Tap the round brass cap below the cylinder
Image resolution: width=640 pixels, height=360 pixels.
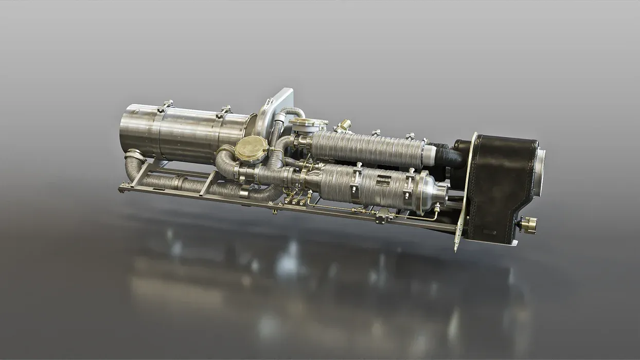coord(251,150)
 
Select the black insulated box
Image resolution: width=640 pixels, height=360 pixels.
coord(502,185)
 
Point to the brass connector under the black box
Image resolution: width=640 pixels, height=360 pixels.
coord(528,225)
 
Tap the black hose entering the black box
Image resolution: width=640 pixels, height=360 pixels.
coord(450,156)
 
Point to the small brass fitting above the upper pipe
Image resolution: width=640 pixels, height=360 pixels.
coord(343,125)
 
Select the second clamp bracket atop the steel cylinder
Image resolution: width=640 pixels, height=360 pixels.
coord(225,110)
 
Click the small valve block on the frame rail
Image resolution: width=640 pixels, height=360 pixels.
coord(384,217)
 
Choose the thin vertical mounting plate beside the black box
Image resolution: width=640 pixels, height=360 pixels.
coord(466,190)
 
